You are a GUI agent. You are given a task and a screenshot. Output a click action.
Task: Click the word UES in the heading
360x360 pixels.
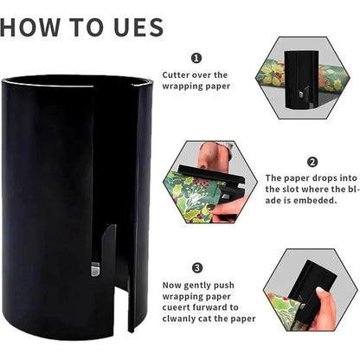(x=138, y=27)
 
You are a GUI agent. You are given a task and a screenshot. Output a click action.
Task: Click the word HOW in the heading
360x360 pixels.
(x=29, y=27)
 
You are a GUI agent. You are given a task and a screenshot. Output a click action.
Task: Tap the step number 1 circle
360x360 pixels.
(x=196, y=58)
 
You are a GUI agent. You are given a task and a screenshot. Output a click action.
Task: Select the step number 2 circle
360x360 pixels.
(x=312, y=162)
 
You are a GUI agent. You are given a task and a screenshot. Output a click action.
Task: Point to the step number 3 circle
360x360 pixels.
(x=197, y=268)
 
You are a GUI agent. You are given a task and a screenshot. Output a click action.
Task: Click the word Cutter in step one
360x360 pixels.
(x=176, y=75)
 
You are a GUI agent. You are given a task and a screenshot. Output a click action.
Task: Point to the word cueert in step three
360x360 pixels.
(x=176, y=308)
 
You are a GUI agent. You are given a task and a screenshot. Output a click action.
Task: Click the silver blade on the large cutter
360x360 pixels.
(x=95, y=269)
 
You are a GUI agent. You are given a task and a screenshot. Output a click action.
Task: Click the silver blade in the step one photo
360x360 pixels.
(x=300, y=94)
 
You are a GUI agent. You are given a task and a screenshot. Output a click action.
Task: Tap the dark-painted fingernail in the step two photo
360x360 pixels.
(x=211, y=207)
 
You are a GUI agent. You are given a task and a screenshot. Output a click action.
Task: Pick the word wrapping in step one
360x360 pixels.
(x=180, y=87)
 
